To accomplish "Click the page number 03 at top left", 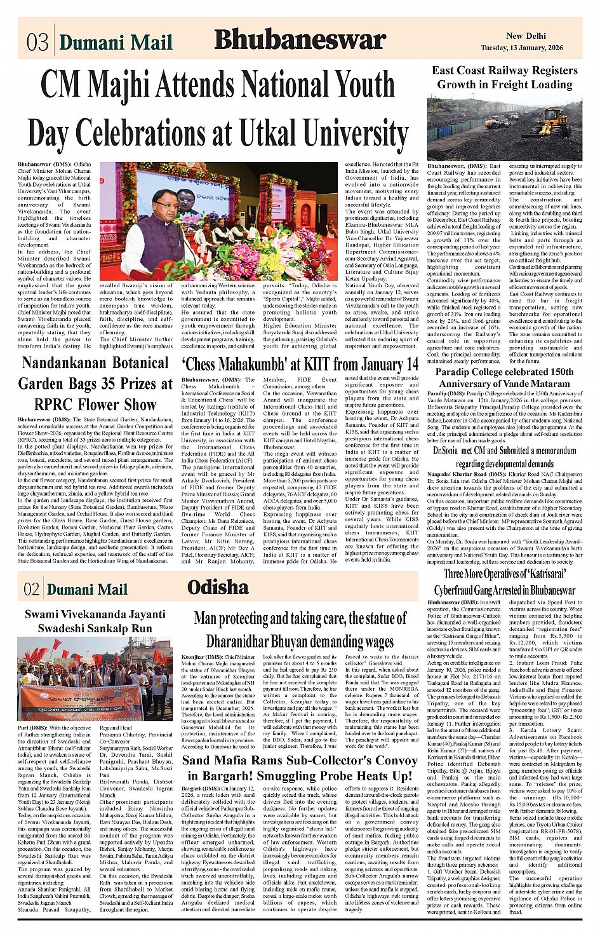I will point(37,41).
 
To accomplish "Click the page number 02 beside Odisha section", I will point(31,590).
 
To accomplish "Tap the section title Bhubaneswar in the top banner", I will point(300,40).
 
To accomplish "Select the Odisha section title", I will point(218,587).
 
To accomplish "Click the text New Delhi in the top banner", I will point(526,36).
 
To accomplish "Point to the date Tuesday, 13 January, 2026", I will point(521,48).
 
